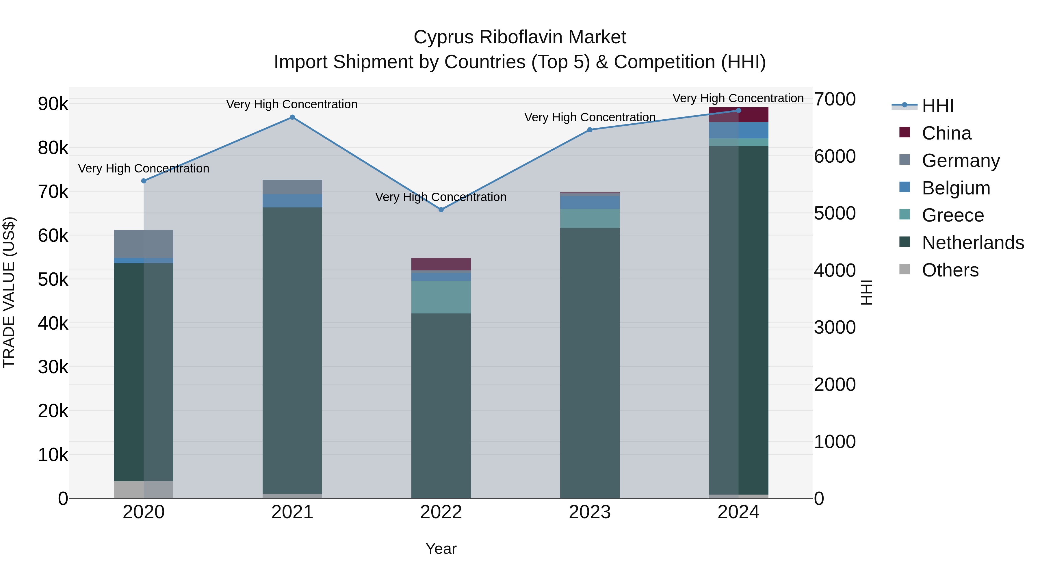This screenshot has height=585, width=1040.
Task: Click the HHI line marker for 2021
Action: (292, 118)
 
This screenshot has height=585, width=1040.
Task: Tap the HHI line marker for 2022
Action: (441, 209)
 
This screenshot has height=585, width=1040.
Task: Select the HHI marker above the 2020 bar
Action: (144, 181)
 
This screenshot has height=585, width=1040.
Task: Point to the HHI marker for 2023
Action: (589, 130)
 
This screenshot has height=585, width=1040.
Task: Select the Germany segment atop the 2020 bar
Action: (144, 244)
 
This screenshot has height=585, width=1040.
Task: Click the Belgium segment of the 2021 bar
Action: (292, 201)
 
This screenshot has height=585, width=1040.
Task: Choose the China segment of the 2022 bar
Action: (441, 264)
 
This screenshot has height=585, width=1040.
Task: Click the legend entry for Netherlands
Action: (973, 243)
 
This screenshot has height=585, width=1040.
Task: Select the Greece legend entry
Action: (952, 215)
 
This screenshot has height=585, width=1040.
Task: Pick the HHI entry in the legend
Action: (937, 106)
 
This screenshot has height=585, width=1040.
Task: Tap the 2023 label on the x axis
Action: (589, 512)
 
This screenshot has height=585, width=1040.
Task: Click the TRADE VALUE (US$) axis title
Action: (9, 292)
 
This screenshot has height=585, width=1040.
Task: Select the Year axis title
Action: (441, 549)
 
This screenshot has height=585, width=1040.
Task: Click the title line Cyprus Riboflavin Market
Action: (520, 37)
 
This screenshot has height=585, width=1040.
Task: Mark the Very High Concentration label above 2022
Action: (441, 197)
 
